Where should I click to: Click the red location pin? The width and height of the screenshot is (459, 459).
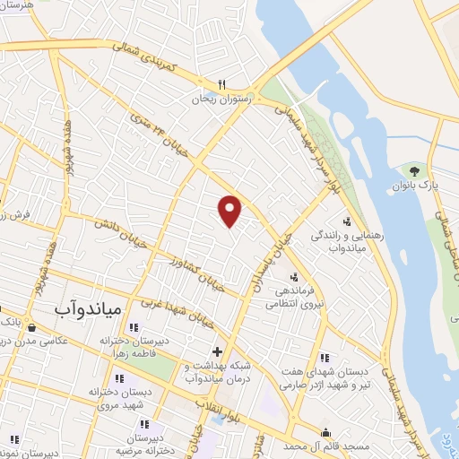pyautogui.click(x=231, y=211)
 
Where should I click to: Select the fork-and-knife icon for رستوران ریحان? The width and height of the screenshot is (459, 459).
pyautogui.click(x=218, y=86)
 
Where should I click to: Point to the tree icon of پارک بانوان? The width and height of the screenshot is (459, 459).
pyautogui.click(x=413, y=170)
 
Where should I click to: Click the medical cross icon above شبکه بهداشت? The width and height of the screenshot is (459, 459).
pyautogui.click(x=216, y=351)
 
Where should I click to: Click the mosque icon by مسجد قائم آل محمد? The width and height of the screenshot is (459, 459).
pyautogui.click(x=325, y=431)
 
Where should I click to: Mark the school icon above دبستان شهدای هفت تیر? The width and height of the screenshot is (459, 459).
pyautogui.click(x=325, y=359)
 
